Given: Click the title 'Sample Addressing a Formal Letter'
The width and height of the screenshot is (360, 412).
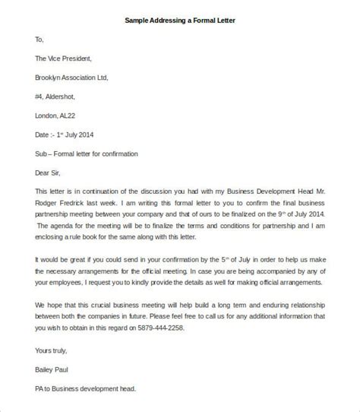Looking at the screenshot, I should pos(180,21).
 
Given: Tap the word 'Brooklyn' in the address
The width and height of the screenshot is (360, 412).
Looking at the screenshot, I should pos(49,77).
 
